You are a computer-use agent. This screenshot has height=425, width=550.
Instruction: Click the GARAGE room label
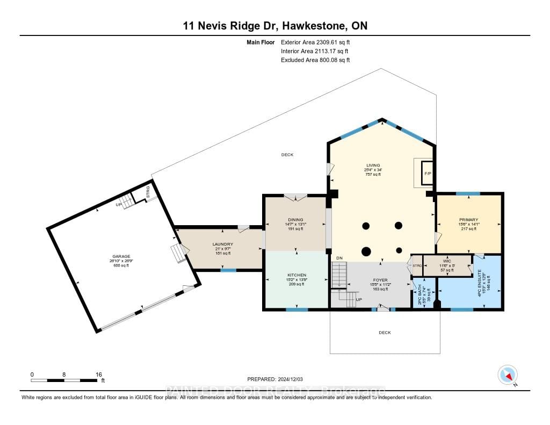[121, 256]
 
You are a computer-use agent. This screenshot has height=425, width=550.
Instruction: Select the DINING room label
[295, 219]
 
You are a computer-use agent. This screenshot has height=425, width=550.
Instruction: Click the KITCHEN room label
[296, 275]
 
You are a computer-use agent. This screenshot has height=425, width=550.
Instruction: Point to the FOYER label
[380, 280]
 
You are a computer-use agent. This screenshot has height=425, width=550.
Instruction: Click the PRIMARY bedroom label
[468, 219]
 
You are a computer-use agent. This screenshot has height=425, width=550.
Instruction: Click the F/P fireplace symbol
[428, 174]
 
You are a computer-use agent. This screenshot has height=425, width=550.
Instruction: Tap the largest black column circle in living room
[367, 250]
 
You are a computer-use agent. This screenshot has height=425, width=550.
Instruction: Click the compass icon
[507, 374]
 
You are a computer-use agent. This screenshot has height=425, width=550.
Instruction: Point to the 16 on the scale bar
[98, 374]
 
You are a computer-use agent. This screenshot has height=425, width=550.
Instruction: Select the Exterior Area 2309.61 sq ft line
[315, 42]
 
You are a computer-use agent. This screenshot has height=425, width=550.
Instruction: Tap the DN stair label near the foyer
[339, 258]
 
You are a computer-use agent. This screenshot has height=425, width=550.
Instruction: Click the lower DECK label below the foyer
[385, 333]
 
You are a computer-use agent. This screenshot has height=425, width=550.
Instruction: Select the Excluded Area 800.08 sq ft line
[315, 60]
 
